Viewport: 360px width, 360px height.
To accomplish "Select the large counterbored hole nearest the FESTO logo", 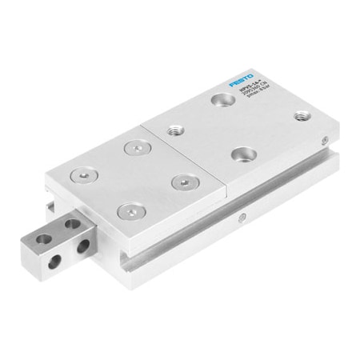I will pyautogui.click(x=219, y=100).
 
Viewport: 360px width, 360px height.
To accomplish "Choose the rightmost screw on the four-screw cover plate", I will pyautogui.click(x=181, y=182).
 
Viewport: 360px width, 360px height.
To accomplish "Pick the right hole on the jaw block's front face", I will pyautogui.click(x=81, y=250).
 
